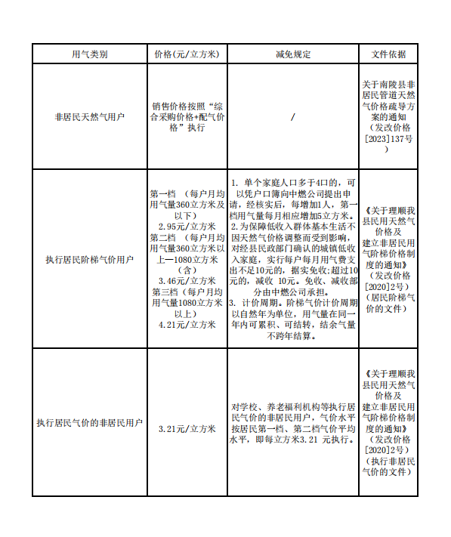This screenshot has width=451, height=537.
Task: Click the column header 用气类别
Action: (x=89, y=54)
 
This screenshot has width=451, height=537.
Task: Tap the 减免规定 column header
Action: (x=292, y=54)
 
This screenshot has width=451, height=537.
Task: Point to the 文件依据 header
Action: (x=389, y=54)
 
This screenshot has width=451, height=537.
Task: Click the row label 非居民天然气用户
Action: (x=89, y=118)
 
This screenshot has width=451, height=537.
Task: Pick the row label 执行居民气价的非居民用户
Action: (x=89, y=423)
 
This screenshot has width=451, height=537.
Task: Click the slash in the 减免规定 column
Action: (x=292, y=118)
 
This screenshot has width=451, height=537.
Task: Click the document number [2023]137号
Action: (x=389, y=139)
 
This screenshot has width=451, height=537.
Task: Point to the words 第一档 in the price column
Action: (x=163, y=193)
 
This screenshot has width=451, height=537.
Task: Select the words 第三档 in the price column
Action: (x=164, y=292)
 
